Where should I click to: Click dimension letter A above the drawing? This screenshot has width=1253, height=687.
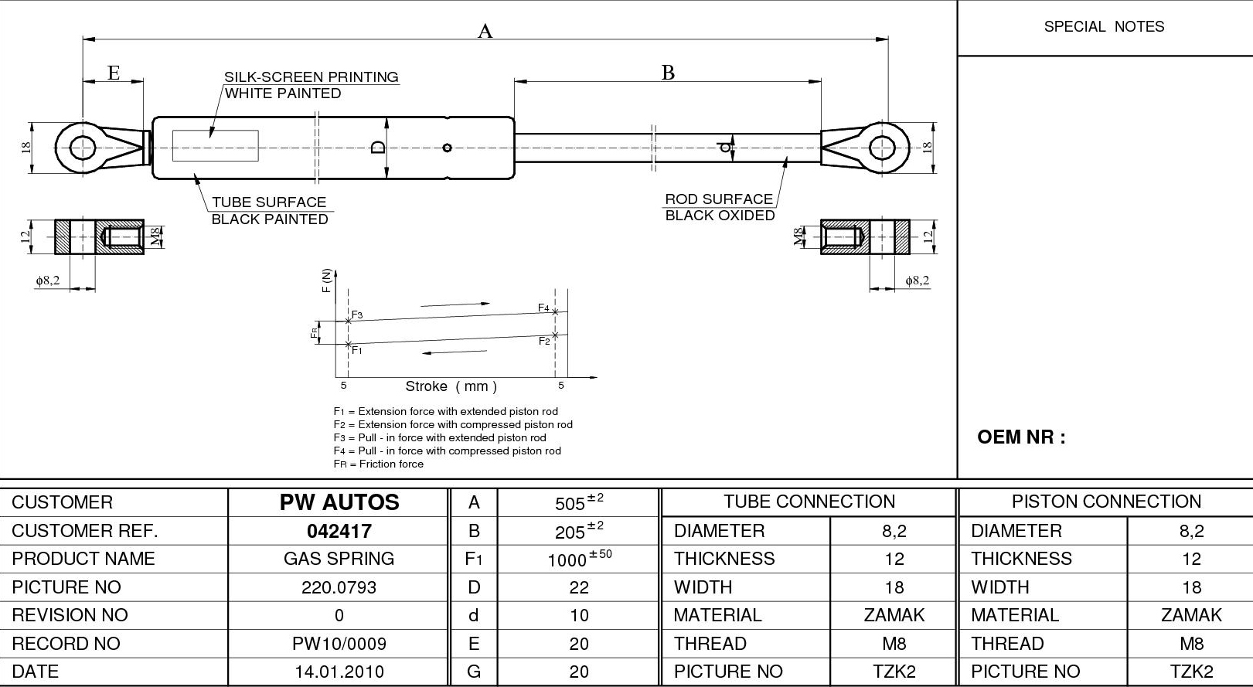tap(485, 31)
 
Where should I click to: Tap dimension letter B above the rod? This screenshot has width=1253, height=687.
tap(668, 73)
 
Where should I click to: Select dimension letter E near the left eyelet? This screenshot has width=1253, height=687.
tap(114, 73)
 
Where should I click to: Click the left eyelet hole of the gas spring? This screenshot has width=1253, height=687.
tap(83, 147)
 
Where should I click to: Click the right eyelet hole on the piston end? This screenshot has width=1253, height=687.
tap(882, 147)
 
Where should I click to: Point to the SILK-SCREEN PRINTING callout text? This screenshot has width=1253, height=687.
tap(311, 77)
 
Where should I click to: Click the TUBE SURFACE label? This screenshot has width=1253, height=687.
tap(269, 202)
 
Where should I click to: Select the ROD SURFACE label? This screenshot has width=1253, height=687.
tap(719, 199)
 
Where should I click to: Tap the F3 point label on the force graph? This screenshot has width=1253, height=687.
tap(357, 315)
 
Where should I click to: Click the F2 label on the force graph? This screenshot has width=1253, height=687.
tap(544, 341)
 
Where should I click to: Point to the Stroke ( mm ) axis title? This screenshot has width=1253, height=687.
tap(451, 386)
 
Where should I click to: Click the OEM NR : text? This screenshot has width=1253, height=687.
tap(1021, 437)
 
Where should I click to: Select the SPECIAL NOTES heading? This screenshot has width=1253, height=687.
tap(1104, 27)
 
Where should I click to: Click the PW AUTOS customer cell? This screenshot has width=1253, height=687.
tap(339, 502)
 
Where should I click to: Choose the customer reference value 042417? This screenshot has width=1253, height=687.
tap(339, 531)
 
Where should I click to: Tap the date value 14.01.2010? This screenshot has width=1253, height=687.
tap(339, 672)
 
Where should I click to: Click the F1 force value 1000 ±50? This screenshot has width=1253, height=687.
tap(578, 559)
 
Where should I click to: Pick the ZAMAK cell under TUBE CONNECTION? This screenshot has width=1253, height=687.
tap(894, 615)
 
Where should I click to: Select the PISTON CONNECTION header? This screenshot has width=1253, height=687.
tap(1105, 502)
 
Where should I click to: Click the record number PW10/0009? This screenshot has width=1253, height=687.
tap(339, 644)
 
